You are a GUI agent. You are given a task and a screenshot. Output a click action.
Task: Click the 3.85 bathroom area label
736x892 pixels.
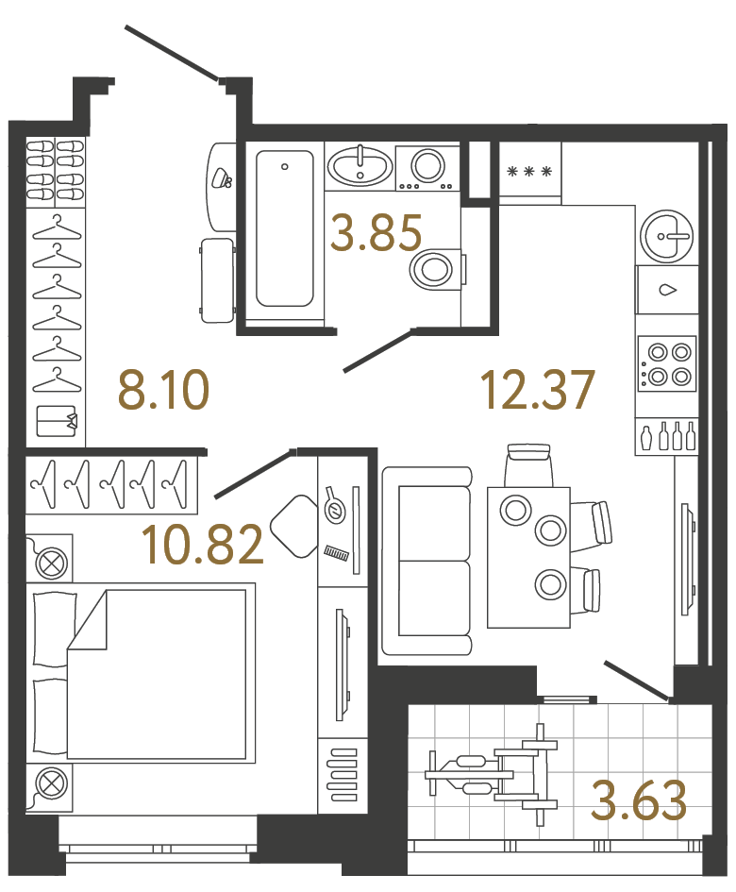tap(376, 233)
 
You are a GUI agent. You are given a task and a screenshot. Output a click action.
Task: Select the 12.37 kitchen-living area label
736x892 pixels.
tap(538, 390)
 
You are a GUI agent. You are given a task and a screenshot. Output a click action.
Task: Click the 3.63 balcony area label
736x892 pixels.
tap(638, 800)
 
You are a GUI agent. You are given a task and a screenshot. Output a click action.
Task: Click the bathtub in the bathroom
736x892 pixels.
tap(284, 229)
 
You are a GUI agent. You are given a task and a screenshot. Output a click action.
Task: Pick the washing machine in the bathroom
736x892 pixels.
tap(427, 167)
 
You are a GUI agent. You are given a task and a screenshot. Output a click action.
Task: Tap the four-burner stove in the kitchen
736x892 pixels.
tap(667, 363)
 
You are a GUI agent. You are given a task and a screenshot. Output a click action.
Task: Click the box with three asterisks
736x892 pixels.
tap(528, 172)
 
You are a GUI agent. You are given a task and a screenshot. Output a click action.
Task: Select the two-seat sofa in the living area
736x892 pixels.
tap(427, 561)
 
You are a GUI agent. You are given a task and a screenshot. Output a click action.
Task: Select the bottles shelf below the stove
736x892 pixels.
tap(667, 436)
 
